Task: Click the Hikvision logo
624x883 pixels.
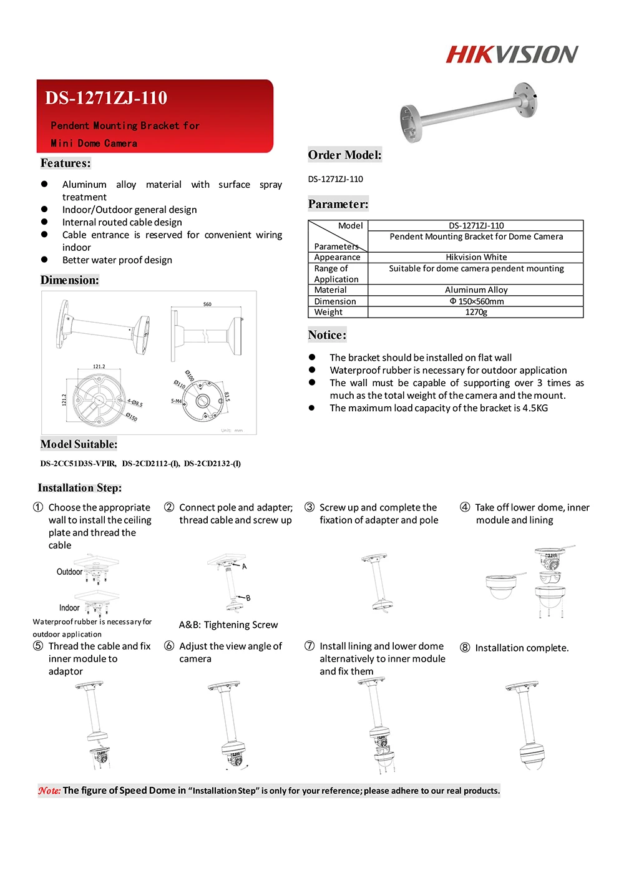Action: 512,54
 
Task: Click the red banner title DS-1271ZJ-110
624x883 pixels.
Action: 106,98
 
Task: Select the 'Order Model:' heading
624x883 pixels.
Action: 344,155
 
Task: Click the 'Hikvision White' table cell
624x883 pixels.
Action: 476,257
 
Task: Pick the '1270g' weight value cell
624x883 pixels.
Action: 476,312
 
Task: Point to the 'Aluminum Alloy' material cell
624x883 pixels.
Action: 476,290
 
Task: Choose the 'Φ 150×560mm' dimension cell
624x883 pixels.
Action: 476,301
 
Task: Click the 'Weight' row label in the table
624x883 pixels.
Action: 328,312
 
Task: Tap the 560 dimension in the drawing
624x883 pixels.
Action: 207,305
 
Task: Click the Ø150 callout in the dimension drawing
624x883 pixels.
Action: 132,416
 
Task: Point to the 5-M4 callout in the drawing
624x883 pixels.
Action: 177,401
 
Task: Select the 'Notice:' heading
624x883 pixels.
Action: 327,335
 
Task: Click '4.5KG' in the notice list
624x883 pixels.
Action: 535,408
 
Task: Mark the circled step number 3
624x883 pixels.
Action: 310,507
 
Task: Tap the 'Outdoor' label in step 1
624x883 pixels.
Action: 69,572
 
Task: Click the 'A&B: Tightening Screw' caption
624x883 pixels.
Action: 228,625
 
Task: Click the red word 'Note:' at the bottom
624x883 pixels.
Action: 49,791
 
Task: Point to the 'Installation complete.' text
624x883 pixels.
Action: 522,648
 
